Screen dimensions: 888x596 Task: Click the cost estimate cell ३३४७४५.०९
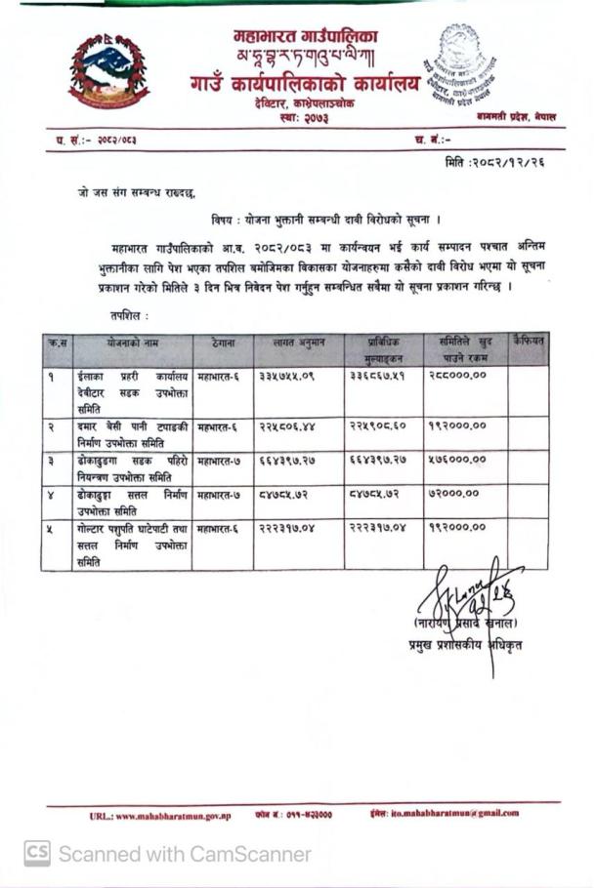287,376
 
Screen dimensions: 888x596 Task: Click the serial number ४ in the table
51,494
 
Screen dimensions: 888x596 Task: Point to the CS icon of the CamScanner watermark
37,854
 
